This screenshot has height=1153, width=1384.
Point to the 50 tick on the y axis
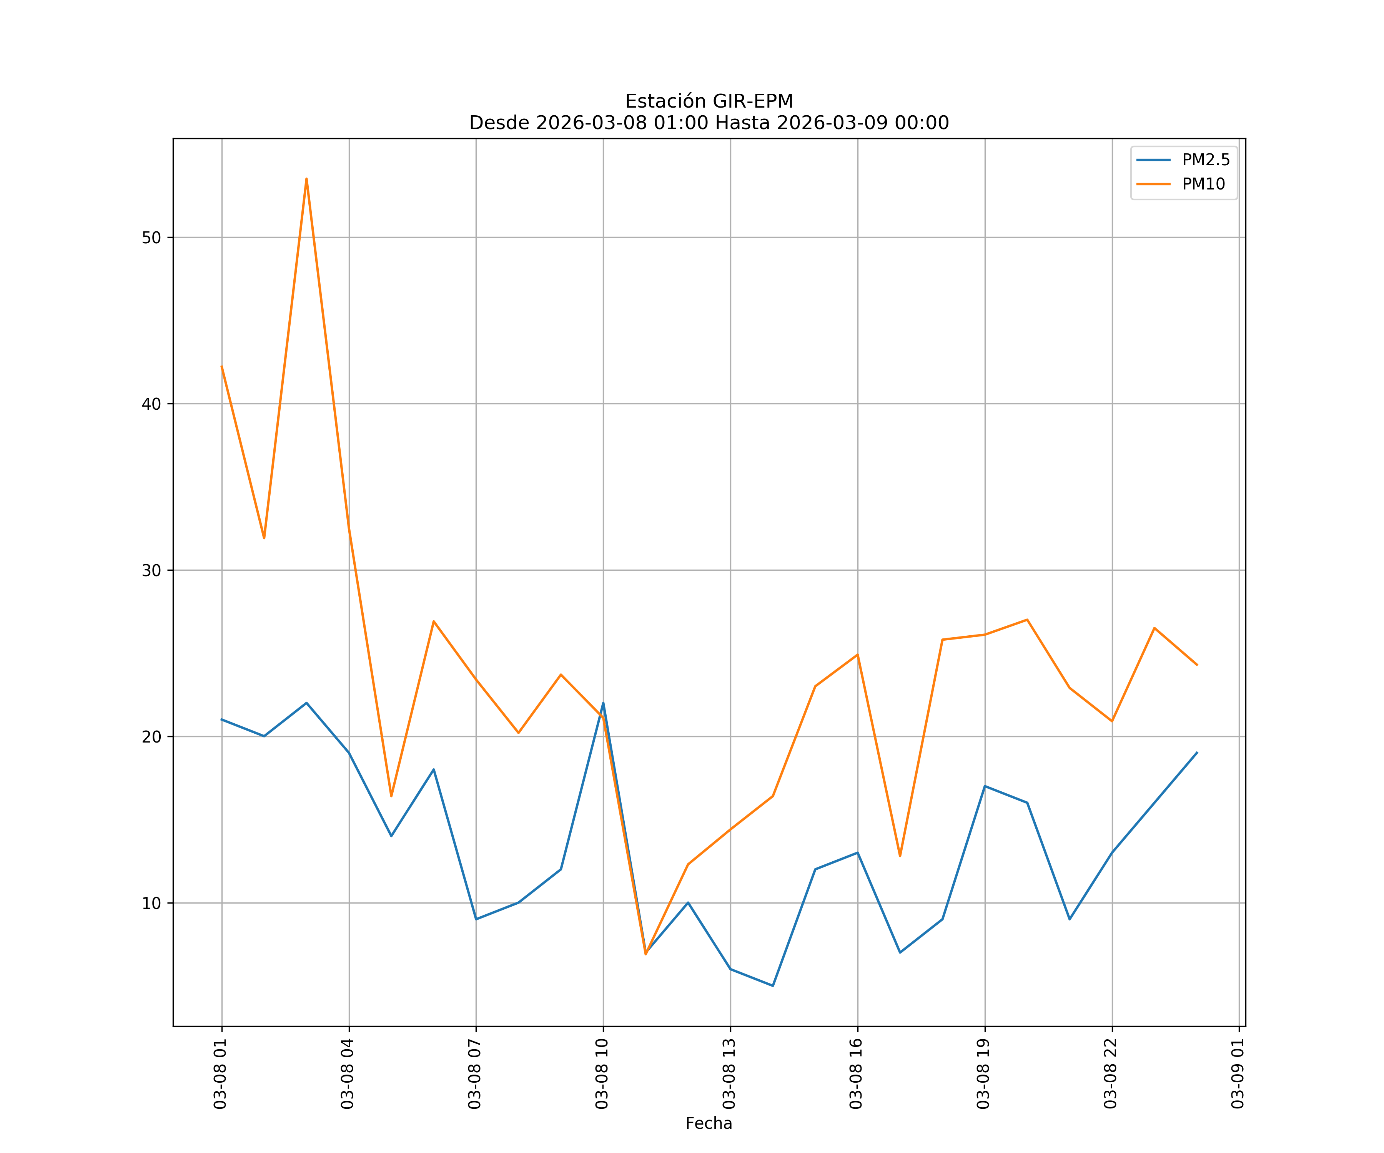point(151,238)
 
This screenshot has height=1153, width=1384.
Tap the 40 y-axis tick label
point(151,404)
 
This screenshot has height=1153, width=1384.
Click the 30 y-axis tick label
point(151,571)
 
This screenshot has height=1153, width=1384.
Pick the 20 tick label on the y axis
point(151,737)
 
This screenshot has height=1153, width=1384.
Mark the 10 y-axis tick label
point(151,903)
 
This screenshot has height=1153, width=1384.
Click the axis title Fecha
point(709,1123)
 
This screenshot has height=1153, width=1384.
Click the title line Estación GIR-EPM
point(709,101)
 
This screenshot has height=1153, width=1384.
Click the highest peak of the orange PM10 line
point(306,179)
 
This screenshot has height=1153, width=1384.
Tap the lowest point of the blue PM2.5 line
point(772,986)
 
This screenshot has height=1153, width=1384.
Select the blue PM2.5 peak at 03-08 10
point(603,703)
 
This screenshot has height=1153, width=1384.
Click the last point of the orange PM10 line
point(1197,665)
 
